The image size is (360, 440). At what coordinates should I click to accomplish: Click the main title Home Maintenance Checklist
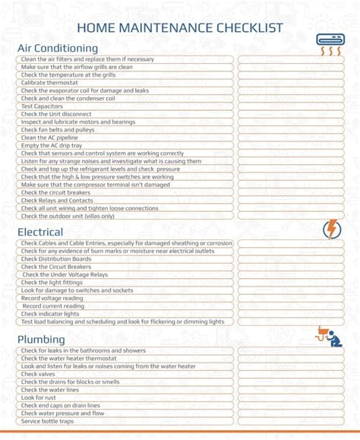pos(180,28)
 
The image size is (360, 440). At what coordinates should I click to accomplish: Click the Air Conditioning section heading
pos(58,48)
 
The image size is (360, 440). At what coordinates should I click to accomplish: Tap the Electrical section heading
pos(40,232)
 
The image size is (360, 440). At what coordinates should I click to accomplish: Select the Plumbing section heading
pos(42,339)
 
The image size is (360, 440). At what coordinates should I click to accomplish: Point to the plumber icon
pos(330,336)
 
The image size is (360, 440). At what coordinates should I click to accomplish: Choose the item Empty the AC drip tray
pos(52,145)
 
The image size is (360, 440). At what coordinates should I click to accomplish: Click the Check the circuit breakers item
pos(57,192)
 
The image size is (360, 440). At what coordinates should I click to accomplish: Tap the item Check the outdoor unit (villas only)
pos(68,216)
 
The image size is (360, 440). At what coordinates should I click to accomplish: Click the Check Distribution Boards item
pos(56,258)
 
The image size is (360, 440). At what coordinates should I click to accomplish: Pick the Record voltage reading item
pos(52,298)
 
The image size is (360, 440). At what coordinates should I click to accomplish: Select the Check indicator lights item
pos(50,314)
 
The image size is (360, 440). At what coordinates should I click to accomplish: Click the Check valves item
pos(38,374)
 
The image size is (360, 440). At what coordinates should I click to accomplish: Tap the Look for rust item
pos(39,397)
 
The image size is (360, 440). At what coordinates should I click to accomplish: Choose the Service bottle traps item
pos(48,421)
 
